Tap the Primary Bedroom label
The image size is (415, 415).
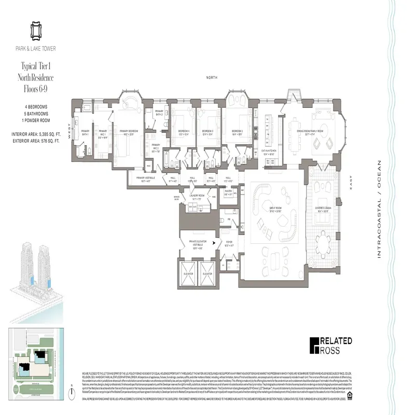129,132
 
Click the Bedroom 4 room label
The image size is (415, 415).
183,131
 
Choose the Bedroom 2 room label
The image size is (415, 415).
238,131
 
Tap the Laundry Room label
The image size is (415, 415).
197,196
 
